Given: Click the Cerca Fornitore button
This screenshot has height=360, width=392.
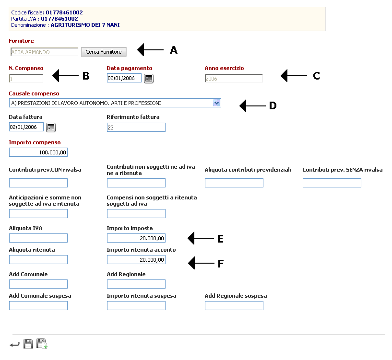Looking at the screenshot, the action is pos(104,52).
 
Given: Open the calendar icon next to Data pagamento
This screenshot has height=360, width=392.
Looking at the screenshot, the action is pos(149,79).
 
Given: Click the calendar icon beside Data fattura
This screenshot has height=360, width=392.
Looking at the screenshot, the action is pos(51,128).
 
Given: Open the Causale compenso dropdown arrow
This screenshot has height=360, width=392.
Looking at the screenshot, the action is pos(216,103).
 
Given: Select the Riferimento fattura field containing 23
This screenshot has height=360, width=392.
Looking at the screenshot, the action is pos(136,127).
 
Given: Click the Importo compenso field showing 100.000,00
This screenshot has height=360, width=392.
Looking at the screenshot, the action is pos(38,152).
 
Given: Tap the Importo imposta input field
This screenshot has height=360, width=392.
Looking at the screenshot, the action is pos(136,238).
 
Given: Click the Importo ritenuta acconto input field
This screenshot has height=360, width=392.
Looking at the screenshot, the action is pos(136,259).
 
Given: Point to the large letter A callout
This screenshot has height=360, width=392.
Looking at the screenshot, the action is pos(174,50).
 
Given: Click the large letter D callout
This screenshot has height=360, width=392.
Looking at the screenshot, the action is pos(273,105).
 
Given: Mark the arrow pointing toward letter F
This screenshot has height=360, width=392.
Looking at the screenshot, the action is pos(201,263).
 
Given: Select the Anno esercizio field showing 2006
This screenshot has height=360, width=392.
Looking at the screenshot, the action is pos(234,78).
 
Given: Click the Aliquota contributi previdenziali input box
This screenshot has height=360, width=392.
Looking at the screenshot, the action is pos(234,183).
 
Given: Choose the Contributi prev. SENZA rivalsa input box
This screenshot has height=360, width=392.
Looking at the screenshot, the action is pos(332,183).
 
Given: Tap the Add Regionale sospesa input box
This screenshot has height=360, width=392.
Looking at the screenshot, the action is pos(234,305).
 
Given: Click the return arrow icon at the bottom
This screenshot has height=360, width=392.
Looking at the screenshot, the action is pos(14,345).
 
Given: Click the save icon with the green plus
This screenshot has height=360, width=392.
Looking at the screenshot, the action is pos(42,344).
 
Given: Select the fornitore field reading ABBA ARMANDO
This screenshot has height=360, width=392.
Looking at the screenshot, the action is pos(44,52).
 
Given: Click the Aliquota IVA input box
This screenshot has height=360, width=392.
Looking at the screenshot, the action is pos(38,238).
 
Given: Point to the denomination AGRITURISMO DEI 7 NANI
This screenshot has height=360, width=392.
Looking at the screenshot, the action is pos(85,25).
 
